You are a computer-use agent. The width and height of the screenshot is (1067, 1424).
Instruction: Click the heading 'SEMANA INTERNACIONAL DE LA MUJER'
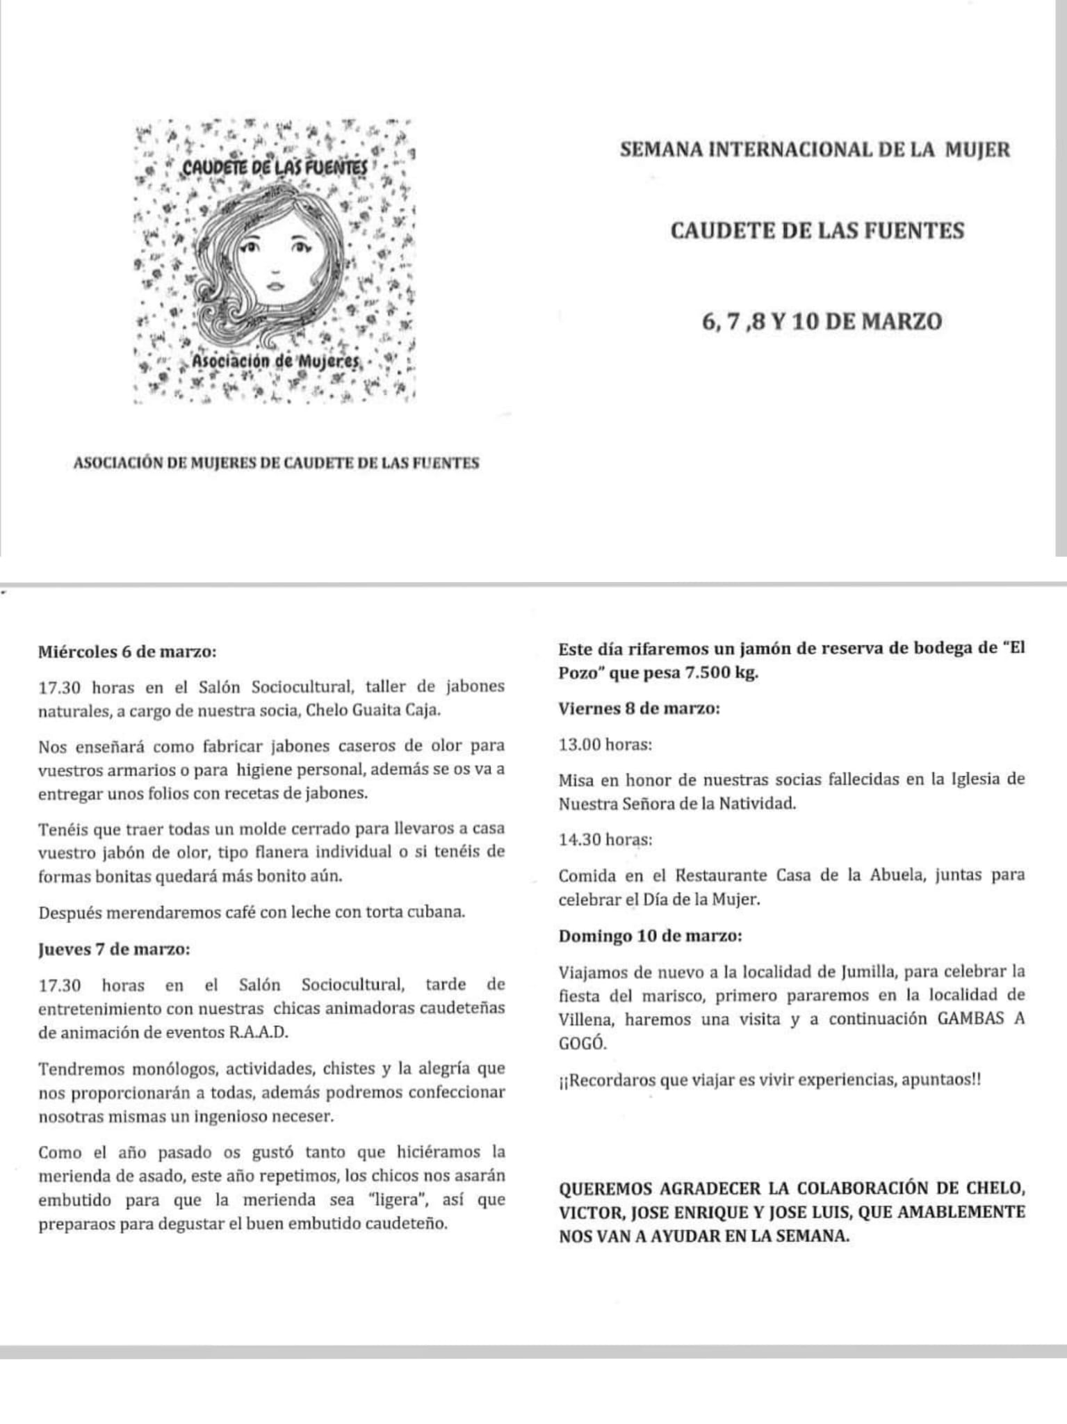(815, 150)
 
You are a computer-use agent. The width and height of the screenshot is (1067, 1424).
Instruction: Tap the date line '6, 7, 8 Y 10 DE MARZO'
(822, 322)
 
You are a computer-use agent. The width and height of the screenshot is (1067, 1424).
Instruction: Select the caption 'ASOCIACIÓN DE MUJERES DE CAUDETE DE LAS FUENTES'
(276, 463)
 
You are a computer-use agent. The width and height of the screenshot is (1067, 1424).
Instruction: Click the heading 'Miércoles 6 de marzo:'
(127, 652)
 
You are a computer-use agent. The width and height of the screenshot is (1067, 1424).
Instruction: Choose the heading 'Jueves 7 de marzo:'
(115, 949)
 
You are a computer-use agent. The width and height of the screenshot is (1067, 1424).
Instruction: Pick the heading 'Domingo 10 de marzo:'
(650, 935)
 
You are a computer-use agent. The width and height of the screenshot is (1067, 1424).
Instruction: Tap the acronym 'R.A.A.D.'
(258, 1032)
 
